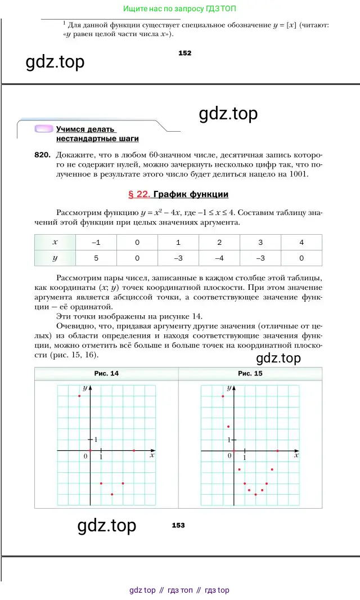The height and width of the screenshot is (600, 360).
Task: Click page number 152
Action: (x=184, y=53)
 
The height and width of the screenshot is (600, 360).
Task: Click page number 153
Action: (x=178, y=525)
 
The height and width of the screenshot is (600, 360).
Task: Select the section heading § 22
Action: (x=139, y=195)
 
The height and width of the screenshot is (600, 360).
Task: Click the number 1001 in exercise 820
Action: (x=299, y=174)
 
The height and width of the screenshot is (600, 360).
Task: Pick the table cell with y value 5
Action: (x=96, y=258)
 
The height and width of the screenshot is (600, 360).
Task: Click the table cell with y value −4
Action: (x=219, y=258)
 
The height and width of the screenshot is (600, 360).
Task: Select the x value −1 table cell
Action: (x=96, y=243)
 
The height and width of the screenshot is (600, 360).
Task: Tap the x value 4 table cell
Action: (x=301, y=243)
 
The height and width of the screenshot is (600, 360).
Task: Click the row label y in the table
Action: (x=55, y=258)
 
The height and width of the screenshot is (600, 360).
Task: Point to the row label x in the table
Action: (x=55, y=243)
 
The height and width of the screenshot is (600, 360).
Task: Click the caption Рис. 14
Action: (x=106, y=373)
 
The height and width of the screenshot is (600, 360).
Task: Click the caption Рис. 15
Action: (x=250, y=373)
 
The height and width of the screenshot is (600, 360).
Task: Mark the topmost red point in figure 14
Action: (x=79, y=396)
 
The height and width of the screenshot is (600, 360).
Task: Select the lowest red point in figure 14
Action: (x=112, y=494)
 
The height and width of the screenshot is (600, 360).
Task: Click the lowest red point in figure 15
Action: (x=256, y=495)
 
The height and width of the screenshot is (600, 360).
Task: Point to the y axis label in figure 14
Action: (x=84, y=388)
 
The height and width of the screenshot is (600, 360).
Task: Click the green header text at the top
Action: (x=179, y=9)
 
